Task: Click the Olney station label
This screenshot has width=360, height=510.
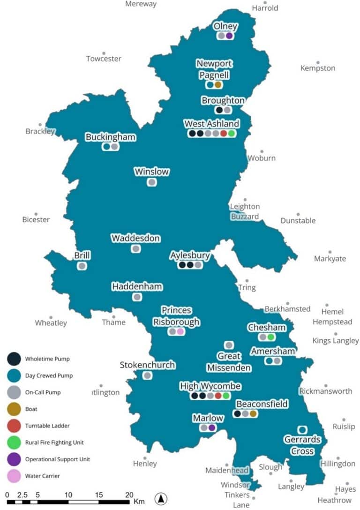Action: [x=225, y=26]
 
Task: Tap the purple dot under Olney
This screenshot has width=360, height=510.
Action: [x=229, y=36]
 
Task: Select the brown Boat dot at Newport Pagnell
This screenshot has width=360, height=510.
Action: [x=218, y=85]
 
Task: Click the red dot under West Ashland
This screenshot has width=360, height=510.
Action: [x=224, y=133]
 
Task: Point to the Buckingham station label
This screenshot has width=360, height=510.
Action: [x=111, y=137]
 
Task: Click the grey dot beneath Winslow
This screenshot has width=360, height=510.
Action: [x=151, y=182]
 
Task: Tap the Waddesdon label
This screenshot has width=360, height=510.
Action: [x=135, y=239]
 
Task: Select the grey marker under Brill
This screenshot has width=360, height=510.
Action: [x=82, y=266]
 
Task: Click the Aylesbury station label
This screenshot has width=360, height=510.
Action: [x=190, y=255]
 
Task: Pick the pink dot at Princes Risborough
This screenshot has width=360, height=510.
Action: [x=180, y=331]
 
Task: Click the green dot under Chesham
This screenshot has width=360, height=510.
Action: [x=271, y=337]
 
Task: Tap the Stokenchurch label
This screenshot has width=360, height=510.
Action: [x=147, y=365]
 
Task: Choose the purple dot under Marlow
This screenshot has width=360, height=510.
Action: [x=212, y=427]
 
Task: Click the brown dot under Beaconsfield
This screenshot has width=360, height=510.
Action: [x=253, y=413]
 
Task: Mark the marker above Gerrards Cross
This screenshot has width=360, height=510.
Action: [x=302, y=429]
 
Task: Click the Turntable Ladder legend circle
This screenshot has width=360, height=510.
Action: [x=14, y=426]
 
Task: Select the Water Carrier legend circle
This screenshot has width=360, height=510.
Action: [x=14, y=476]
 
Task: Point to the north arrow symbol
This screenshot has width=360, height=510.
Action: [x=161, y=499]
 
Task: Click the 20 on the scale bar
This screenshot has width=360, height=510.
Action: [x=129, y=495]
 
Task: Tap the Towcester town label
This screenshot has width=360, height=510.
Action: [x=104, y=59]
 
